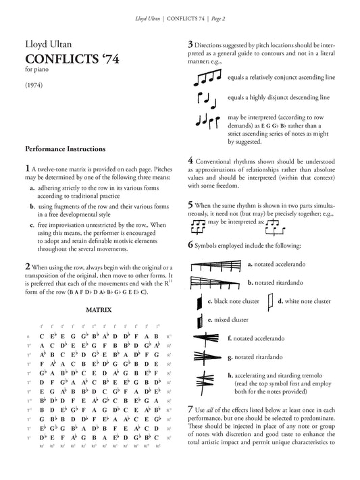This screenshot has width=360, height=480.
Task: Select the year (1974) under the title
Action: (x=35, y=88)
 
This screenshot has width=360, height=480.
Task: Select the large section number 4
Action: (x=191, y=161)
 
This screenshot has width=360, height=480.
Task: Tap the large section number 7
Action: (x=191, y=410)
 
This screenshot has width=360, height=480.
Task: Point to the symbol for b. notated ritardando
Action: (x=215, y=284)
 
